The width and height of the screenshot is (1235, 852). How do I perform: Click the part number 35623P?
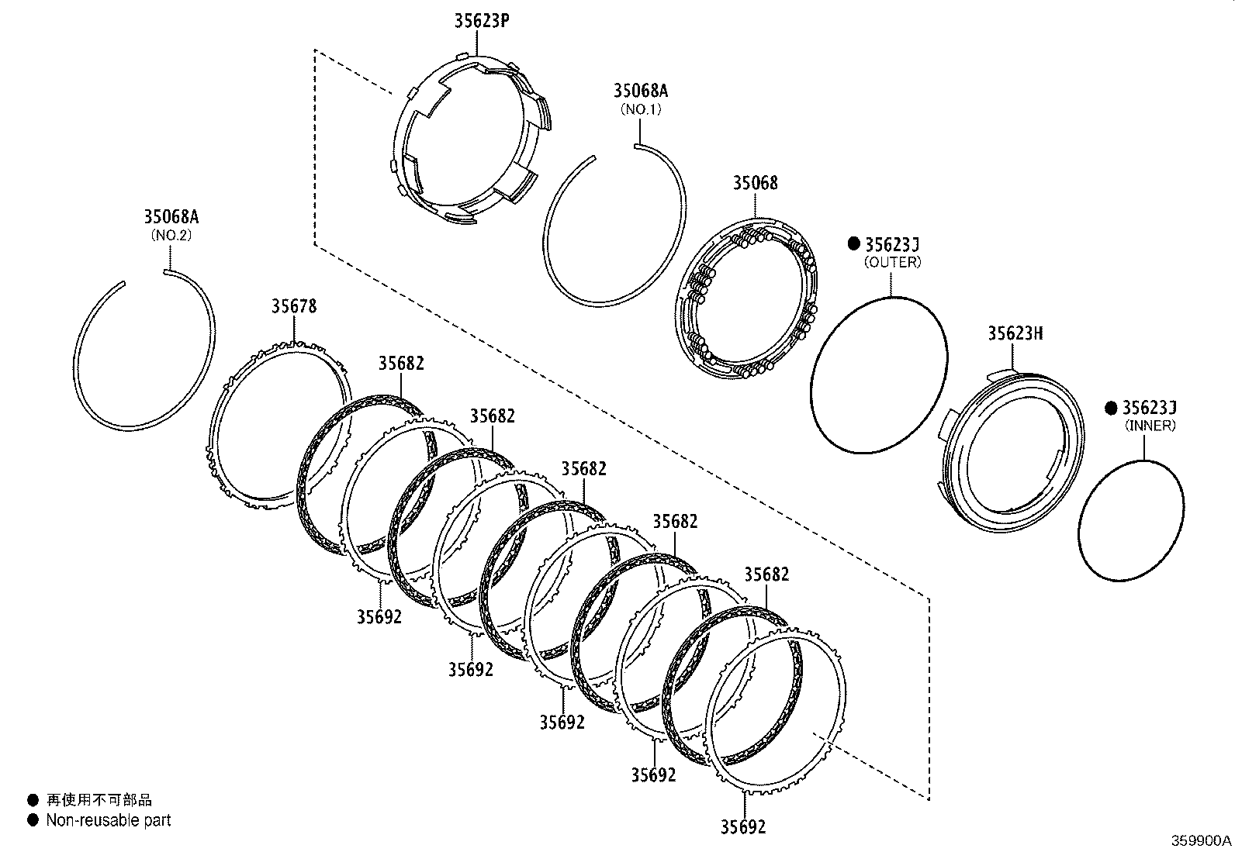point(481,21)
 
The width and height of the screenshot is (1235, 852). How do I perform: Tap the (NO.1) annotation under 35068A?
point(640,109)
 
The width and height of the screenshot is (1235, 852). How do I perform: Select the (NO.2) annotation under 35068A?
point(171,235)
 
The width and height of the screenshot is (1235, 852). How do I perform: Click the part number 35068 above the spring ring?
point(755,184)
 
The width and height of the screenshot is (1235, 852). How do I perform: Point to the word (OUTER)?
point(892,262)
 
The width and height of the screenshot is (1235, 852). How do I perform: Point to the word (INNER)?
point(1150,426)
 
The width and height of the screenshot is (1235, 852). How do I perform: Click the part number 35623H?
point(1015,333)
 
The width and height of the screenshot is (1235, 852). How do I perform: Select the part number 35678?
point(293,306)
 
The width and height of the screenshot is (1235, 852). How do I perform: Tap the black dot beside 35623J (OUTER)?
point(853,244)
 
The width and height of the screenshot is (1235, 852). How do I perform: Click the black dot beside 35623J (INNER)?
point(1111,408)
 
